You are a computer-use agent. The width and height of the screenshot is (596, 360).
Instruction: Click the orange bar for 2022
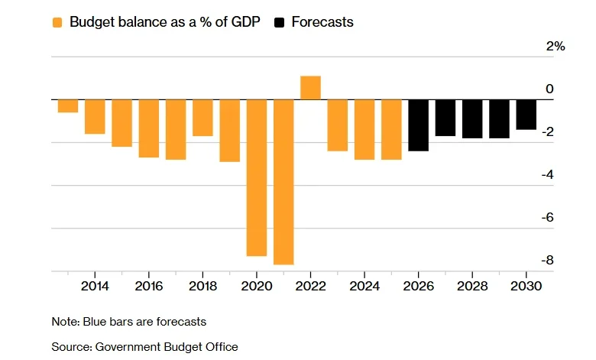(310, 88)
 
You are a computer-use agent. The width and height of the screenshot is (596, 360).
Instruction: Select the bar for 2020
(257, 178)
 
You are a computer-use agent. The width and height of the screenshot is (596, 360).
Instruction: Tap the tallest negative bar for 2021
(283, 182)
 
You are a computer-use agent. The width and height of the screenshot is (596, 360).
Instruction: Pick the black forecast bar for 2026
(419, 125)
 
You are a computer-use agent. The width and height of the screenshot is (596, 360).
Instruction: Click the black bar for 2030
(526, 115)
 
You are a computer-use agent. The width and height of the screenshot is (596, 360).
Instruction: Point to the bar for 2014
(95, 117)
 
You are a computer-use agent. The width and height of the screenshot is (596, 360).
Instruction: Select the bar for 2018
(202, 118)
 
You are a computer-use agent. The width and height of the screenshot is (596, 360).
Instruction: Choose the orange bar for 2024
(364, 130)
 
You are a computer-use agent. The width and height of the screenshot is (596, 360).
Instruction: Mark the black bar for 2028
(472, 119)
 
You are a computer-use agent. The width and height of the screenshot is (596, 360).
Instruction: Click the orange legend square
(57, 22)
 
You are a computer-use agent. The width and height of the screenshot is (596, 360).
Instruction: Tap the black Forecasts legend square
(280, 22)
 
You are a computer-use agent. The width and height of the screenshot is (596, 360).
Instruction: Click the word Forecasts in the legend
(322, 22)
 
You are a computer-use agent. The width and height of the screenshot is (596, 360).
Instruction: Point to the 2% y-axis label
(556, 47)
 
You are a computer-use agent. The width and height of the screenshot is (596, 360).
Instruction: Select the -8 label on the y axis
(547, 261)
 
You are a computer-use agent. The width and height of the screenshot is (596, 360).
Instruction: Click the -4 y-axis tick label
(547, 175)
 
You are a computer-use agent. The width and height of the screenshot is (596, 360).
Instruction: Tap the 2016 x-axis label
(149, 286)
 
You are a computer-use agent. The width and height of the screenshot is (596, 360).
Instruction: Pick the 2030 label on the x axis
(526, 286)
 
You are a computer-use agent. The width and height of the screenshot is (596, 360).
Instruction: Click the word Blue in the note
(95, 322)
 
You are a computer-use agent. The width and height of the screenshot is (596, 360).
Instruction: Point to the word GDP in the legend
(245, 22)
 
